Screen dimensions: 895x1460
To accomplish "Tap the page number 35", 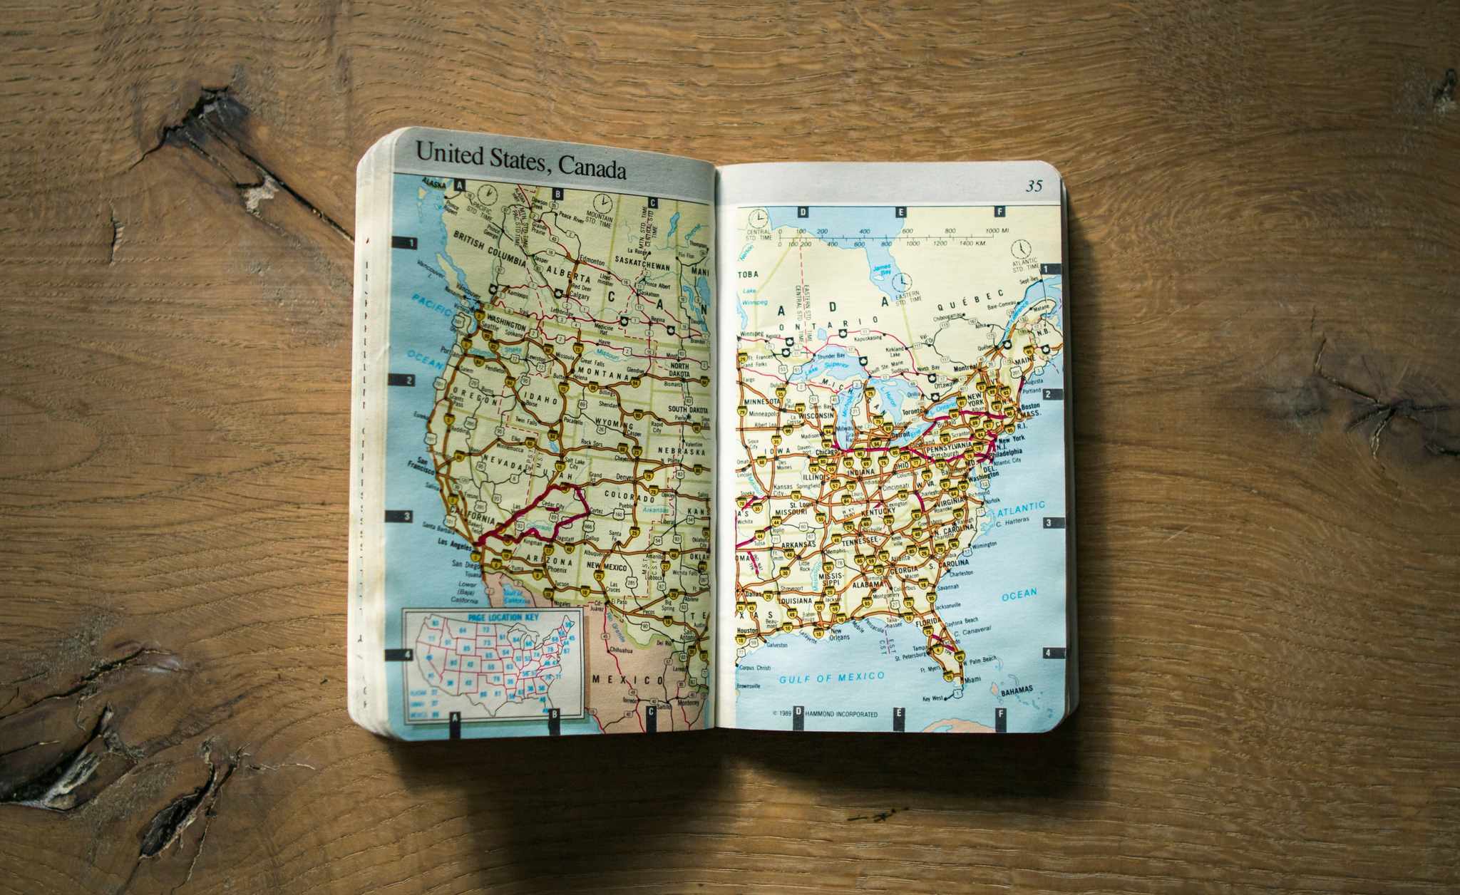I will click(1034, 186).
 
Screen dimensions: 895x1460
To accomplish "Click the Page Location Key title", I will click(493, 618).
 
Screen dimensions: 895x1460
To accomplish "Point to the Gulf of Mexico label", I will click(831, 678).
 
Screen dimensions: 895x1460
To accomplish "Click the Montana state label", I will click(603, 375).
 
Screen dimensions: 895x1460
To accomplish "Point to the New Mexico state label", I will click(606, 567).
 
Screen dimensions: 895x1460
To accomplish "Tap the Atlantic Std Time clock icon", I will click(1024, 247).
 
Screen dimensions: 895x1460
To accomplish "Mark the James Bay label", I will click(883, 270).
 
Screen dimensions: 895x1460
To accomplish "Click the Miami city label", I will click(967, 681).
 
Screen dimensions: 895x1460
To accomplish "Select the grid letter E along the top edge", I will click(900, 212).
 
